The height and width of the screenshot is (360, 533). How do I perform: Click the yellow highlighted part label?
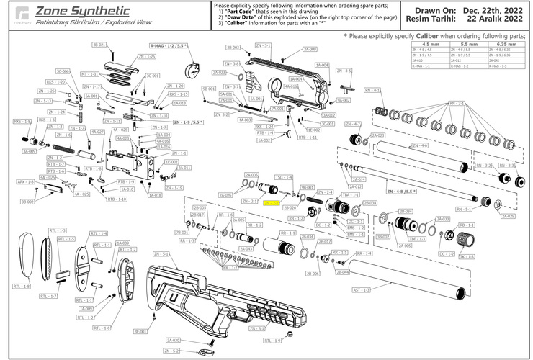tap(272, 204)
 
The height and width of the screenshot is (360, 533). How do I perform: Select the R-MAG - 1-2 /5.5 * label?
tap(169, 45)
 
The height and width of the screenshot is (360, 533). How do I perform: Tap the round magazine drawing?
tap(192, 70)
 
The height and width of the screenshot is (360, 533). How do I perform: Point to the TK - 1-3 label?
tap(467, 256)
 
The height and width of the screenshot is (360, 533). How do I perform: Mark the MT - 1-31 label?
tap(89, 74)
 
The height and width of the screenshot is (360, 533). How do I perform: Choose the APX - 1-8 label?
tap(26, 182)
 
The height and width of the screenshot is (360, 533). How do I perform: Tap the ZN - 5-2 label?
tap(171, 351)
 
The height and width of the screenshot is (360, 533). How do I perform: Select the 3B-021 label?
tap(99, 45)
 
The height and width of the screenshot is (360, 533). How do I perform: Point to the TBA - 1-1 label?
tap(349, 194)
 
